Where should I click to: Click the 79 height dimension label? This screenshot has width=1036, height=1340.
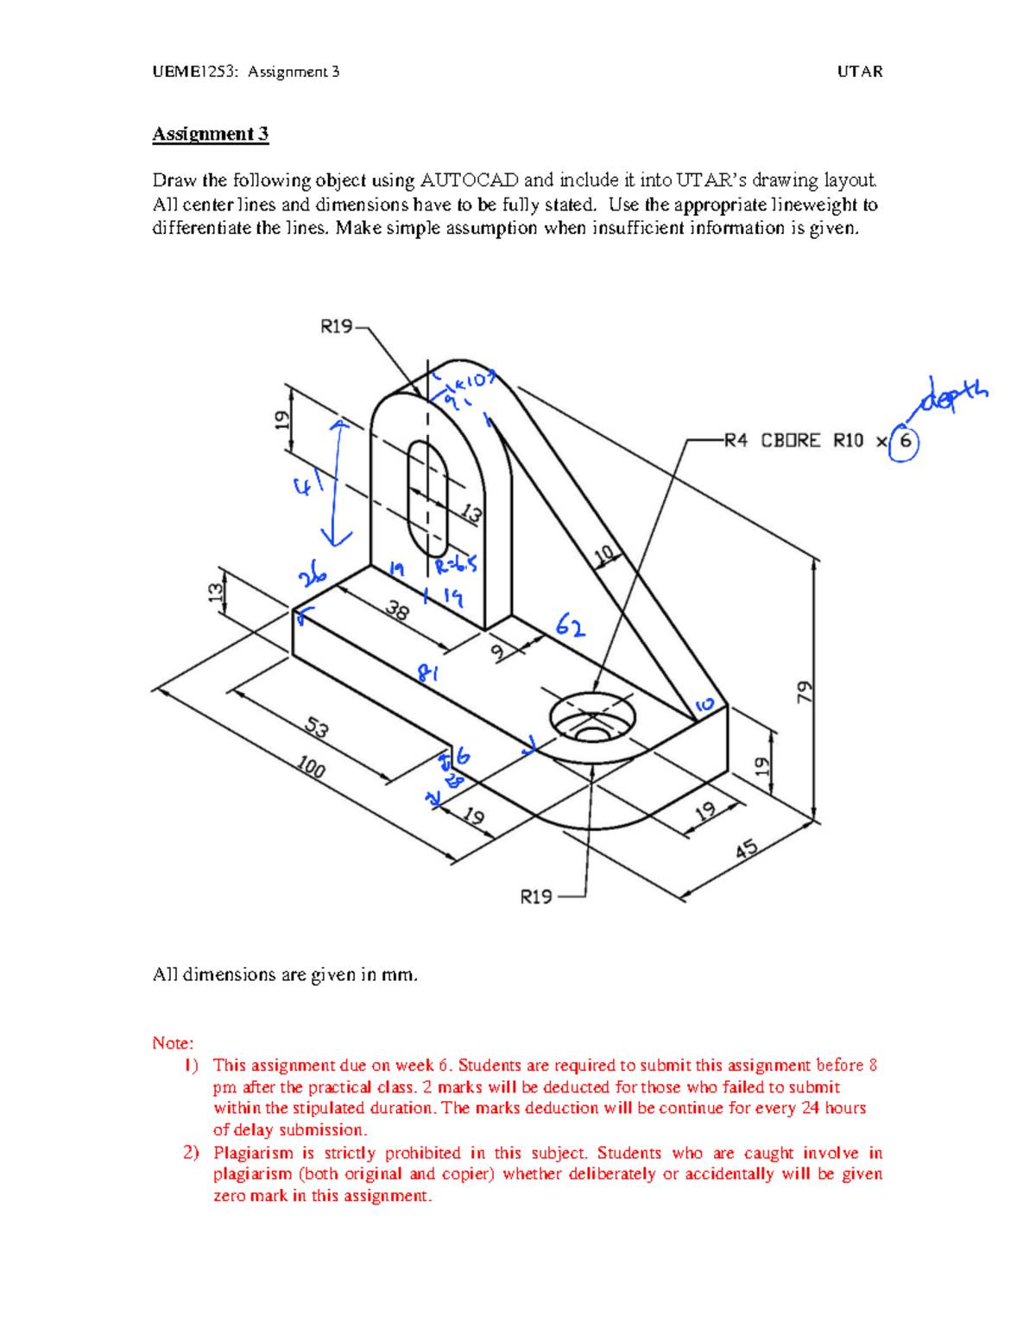[x=805, y=691]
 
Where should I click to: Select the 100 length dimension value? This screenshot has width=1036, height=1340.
[x=311, y=766]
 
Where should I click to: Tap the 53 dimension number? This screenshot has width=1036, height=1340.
[x=317, y=728]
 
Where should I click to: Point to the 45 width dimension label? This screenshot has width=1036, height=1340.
[x=747, y=850]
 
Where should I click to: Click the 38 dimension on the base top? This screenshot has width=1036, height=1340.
[x=396, y=611]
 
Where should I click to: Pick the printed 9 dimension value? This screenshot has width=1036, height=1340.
[x=498, y=653]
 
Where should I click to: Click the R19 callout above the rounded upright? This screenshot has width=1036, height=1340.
[x=336, y=326]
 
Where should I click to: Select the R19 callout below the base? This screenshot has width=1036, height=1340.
[x=535, y=897]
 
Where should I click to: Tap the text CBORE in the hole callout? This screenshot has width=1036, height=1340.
[x=790, y=441]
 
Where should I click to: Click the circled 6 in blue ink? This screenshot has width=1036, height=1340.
[x=904, y=442]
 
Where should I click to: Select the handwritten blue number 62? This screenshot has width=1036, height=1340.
[x=571, y=625]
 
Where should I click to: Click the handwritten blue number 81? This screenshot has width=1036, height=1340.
[x=427, y=672]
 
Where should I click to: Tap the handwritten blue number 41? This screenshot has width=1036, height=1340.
[x=307, y=486]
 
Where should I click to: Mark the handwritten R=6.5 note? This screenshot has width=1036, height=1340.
[x=456, y=566]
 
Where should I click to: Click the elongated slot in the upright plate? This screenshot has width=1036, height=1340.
[x=427, y=498]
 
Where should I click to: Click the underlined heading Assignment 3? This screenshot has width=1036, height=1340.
[x=210, y=134]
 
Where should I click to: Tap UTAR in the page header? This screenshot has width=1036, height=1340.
[x=859, y=72]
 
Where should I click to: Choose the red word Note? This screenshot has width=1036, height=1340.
[x=173, y=1043]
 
